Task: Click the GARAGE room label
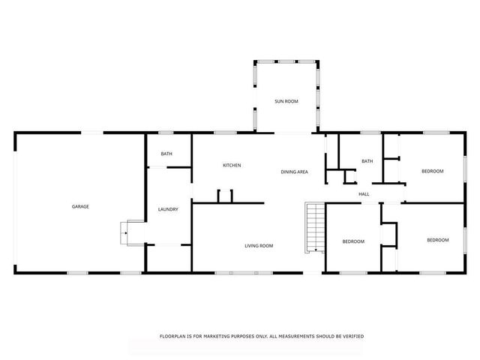pos(80,206)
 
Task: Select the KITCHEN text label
pos(231,165)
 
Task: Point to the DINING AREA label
pos(294,172)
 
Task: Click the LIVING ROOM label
pos(258,245)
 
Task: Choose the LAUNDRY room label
pos(168,209)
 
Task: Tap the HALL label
pos(364,194)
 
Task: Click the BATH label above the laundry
pos(166,154)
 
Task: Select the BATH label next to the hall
pos(367,161)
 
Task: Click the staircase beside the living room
pos(314,226)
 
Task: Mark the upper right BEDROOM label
pos(432,171)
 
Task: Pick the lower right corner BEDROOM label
pos(437,240)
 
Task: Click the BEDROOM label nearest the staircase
pos(353,241)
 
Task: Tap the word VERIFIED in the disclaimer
pos(351,336)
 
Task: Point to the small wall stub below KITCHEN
pos(225,196)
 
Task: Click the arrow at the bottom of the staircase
pos(316,249)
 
